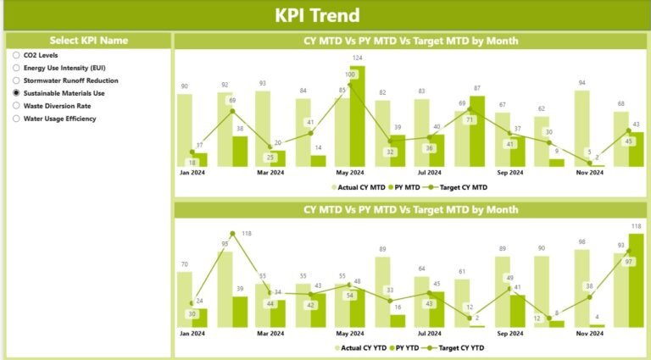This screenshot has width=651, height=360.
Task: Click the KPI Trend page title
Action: [x=317, y=15]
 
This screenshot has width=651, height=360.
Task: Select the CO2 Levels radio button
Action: [x=16, y=55]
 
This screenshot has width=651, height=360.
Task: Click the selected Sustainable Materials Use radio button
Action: [x=16, y=93]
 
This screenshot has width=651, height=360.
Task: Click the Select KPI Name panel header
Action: [x=89, y=40]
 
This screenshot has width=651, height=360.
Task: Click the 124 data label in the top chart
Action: [x=358, y=58]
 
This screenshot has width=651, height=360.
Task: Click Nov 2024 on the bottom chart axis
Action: [x=591, y=335]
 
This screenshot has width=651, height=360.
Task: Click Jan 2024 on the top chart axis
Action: [x=192, y=173]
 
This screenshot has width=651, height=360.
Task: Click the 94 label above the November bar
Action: [x=581, y=83]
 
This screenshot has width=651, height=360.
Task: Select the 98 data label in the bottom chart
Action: [x=581, y=241]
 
